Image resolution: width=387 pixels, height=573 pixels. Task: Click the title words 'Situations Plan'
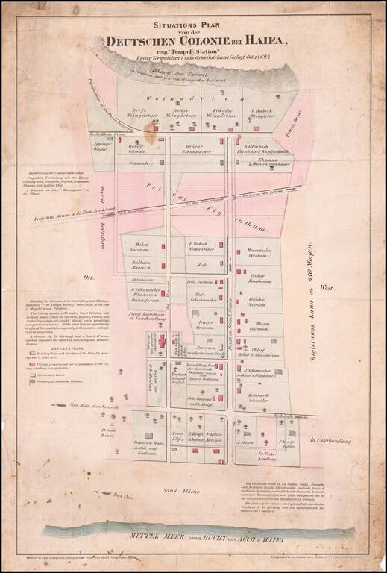point(193,25)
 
